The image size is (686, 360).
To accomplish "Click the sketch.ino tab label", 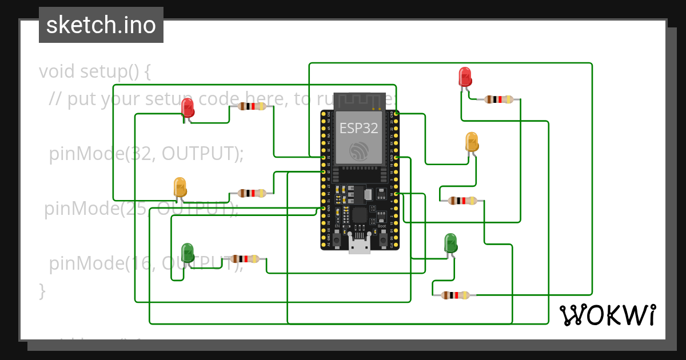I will [x=101, y=25].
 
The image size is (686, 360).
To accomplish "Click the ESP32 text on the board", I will [x=359, y=128].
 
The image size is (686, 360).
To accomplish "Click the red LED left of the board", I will [x=188, y=108].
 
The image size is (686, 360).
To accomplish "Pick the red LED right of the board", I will [x=465, y=77].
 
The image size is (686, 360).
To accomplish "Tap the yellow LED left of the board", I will [x=180, y=187].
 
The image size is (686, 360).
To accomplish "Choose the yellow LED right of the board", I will [x=472, y=142].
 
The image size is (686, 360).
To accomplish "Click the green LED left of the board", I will [x=188, y=252].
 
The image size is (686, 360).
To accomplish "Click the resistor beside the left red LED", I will [x=252, y=106].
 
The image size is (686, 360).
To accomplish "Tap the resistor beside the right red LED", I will [x=498, y=99].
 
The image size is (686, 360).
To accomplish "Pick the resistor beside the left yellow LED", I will [x=252, y=193].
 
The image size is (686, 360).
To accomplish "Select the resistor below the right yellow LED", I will [x=462, y=201].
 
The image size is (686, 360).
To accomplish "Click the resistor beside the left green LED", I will [x=244, y=259].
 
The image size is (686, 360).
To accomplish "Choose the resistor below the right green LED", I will [x=454, y=295].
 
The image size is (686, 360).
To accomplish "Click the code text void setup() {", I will [x=95, y=71].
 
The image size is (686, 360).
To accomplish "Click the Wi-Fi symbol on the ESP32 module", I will [x=359, y=150].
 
